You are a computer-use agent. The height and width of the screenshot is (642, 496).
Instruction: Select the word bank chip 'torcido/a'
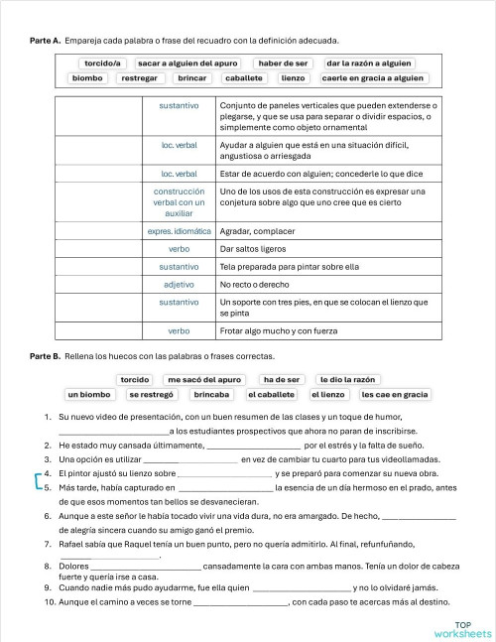[102, 63]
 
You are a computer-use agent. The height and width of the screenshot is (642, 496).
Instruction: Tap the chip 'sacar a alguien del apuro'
[188, 63]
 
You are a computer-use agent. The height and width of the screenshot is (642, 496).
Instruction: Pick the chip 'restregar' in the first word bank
[139, 77]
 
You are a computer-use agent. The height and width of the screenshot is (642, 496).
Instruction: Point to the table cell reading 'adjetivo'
[180, 284]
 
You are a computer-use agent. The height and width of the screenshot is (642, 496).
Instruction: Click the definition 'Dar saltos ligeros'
[253, 249]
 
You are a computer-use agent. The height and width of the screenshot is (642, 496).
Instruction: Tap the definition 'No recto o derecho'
[255, 284]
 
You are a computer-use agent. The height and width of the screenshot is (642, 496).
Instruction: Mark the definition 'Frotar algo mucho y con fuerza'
[277, 330]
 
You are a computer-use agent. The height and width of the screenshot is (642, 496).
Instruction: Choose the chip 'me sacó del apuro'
[203, 379]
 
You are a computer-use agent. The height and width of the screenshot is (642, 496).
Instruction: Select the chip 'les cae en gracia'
[395, 394]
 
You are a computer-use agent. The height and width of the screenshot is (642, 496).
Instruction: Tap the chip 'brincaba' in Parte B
[211, 394]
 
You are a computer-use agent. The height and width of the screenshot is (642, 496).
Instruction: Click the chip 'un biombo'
[88, 394]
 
